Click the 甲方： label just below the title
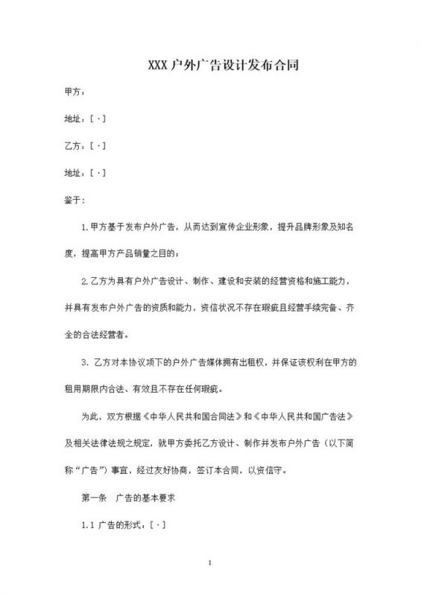[x=75, y=92]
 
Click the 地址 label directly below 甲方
[x=75, y=119]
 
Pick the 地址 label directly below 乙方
[x=75, y=173]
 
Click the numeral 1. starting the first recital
[x=84, y=226]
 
